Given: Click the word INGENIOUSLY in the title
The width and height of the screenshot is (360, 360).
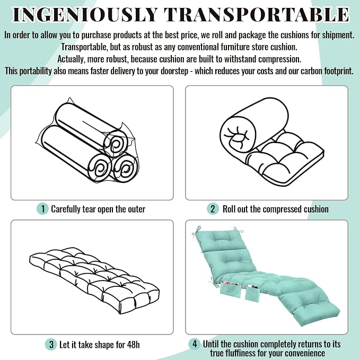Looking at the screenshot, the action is tap(85, 15).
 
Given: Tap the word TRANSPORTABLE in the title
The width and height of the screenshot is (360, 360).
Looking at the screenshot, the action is tap(257, 15).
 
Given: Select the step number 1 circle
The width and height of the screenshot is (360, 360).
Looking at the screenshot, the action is tap(42, 209).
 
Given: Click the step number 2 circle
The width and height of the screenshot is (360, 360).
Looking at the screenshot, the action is tap(213, 209).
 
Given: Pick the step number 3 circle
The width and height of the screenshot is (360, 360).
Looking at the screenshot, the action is tap(51, 345).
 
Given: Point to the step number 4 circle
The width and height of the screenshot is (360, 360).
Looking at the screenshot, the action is tap(195, 344).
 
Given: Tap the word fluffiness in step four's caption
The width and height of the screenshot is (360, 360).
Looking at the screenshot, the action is tap(244, 353).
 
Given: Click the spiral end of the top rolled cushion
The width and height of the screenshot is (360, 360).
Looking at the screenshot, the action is tap(115, 144).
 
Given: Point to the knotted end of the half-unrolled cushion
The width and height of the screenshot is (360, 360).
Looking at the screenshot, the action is tap(238, 135).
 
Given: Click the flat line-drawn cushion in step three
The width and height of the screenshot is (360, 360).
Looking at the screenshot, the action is tap(94, 280).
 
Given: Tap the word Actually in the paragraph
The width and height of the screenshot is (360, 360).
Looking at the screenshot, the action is tap(71, 59).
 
